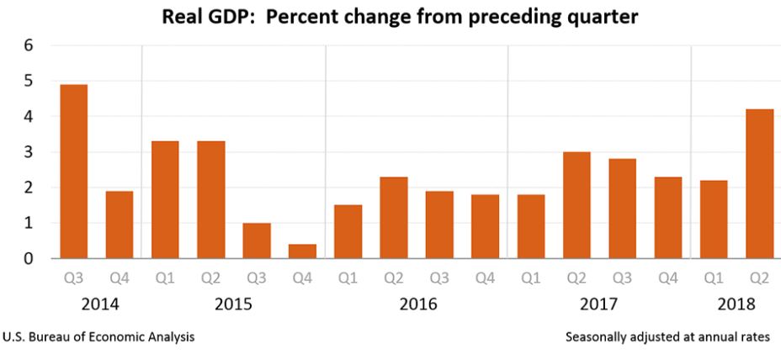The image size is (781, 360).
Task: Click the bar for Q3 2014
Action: tap(73, 172)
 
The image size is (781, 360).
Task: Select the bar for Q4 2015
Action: tap(302, 251)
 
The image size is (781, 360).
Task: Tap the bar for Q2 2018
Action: tap(760, 184)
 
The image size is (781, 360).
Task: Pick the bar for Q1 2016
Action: tap(348, 231)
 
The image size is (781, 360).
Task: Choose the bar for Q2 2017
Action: tap(576, 205)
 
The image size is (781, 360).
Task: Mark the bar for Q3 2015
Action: tap(257, 241)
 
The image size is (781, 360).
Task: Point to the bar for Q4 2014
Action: tap(119, 225)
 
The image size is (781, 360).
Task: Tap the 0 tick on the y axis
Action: tap(27, 259)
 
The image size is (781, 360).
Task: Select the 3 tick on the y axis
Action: tap(27, 152)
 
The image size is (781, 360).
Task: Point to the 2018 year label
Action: tap(737, 304)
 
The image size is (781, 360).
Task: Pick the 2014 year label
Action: tap(96, 304)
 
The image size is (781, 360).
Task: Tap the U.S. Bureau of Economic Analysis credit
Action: tap(99, 337)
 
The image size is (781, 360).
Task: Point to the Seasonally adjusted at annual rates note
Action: tap(667, 337)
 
